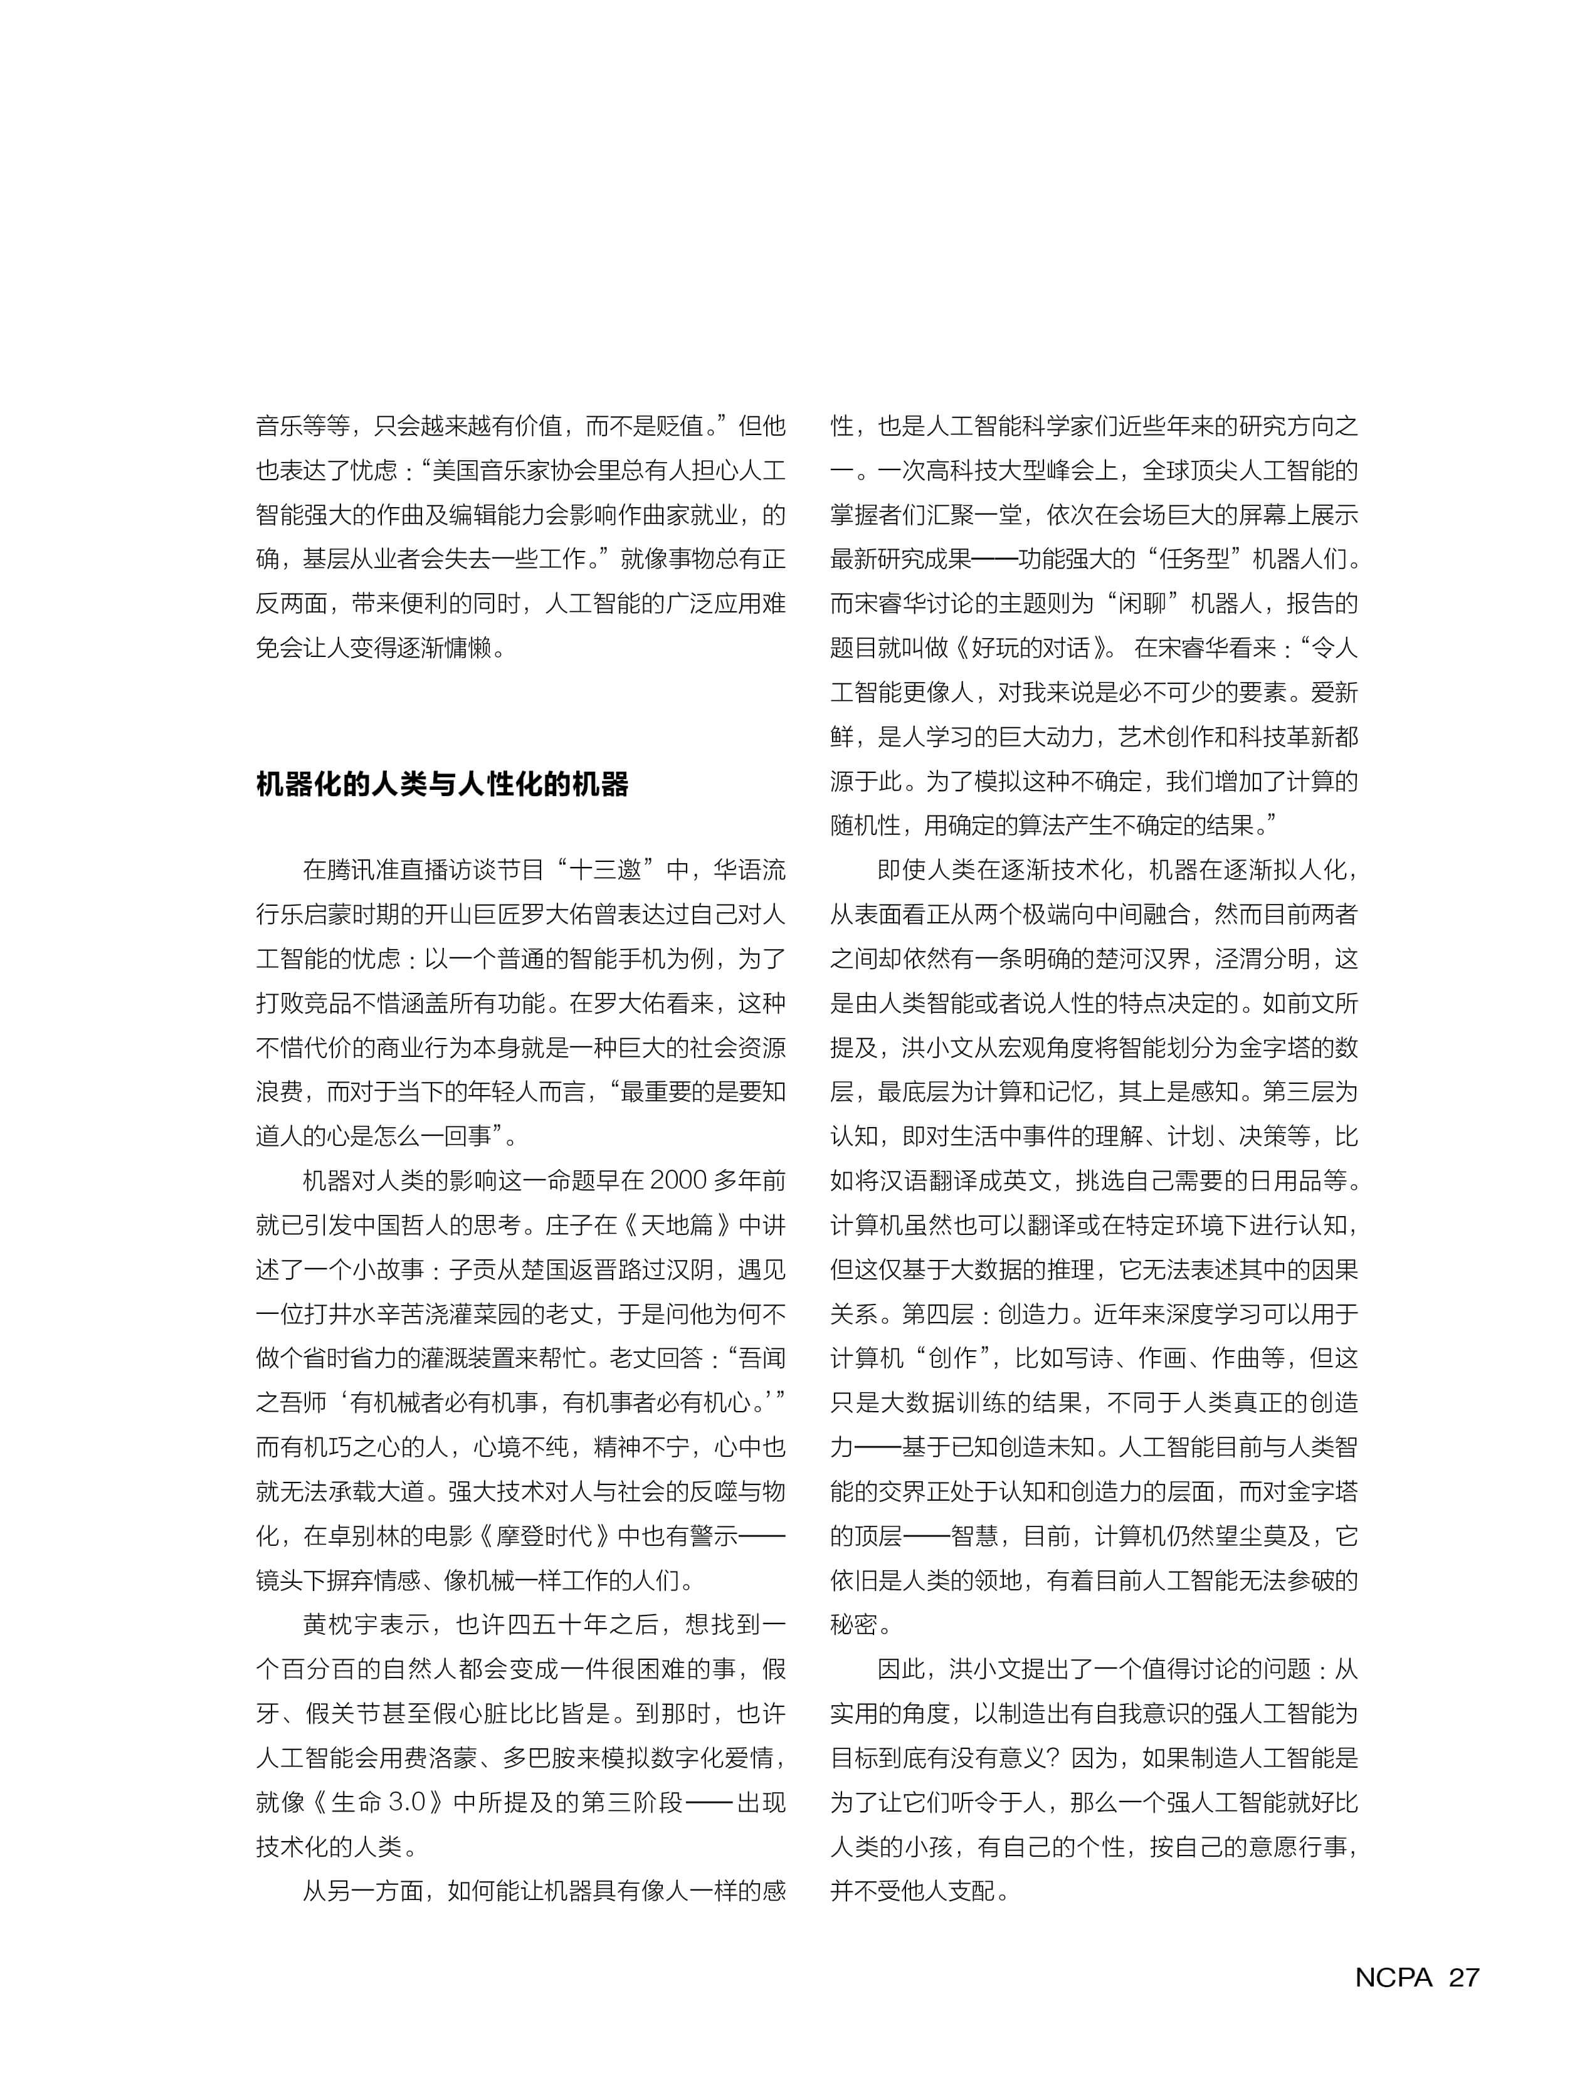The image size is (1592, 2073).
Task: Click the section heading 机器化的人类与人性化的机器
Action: [x=441, y=784]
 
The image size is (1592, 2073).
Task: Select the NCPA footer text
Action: [x=1393, y=1977]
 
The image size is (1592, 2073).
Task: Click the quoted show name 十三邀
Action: [x=616, y=869]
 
